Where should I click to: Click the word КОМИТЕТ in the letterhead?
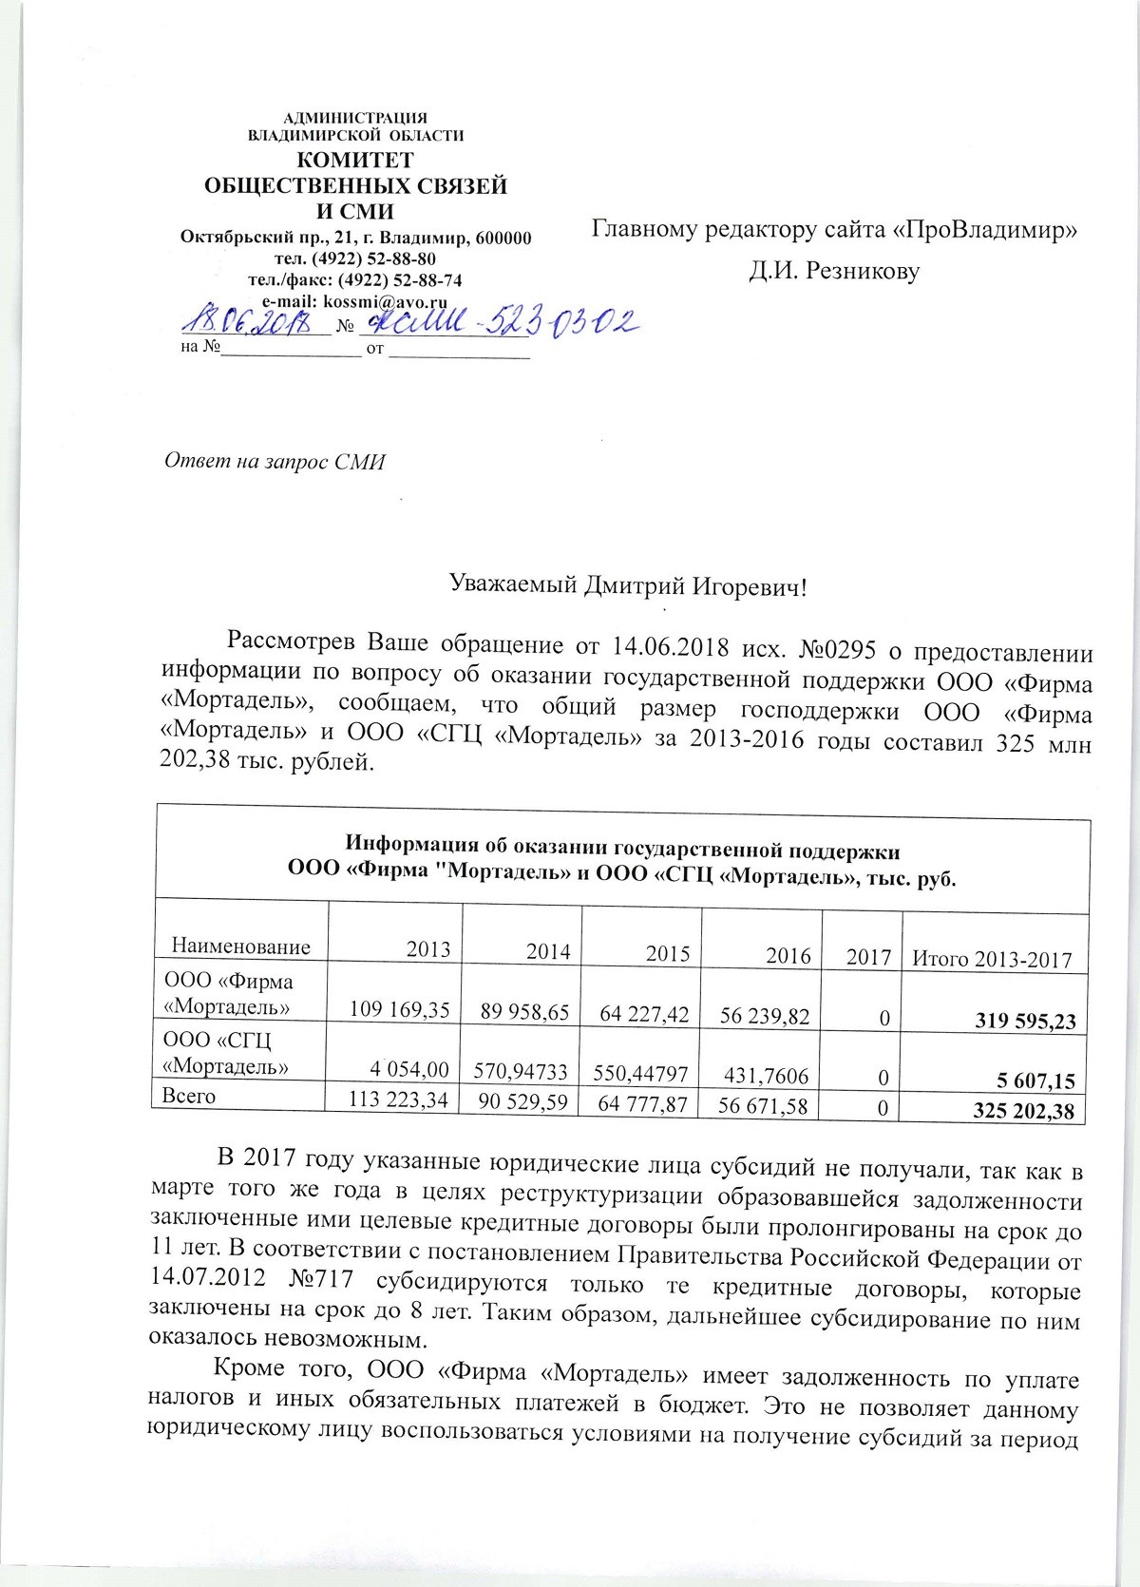tap(356, 160)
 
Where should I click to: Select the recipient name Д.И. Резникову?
tap(834, 272)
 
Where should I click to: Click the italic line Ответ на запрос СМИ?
tap(275, 462)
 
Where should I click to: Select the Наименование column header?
tap(241, 946)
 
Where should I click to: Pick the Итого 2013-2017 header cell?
tap(991, 959)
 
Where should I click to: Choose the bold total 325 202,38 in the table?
tap(1024, 1111)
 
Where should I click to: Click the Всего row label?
tap(190, 1096)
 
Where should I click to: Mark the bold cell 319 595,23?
tap(1026, 1022)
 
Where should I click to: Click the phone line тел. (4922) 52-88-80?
tap(355, 259)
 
